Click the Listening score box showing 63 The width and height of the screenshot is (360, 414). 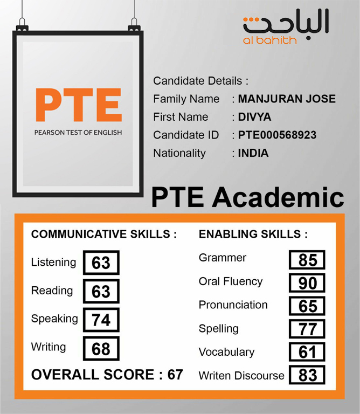[x=101, y=263]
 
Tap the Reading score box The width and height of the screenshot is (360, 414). [x=101, y=291]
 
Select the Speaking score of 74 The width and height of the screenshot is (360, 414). [x=101, y=320]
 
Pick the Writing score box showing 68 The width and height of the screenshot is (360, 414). [x=101, y=348]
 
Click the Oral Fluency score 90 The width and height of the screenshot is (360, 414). [x=307, y=283]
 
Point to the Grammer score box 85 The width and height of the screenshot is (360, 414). [x=307, y=260]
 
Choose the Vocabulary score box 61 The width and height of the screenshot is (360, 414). [x=307, y=352]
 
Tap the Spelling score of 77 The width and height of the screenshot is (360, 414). [x=307, y=329]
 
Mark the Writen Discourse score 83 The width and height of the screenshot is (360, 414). [x=307, y=375]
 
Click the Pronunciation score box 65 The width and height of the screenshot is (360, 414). [x=307, y=306]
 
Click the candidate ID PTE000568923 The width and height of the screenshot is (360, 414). [x=277, y=135]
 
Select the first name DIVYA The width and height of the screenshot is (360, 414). [x=255, y=117]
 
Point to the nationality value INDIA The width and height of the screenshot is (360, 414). [x=253, y=153]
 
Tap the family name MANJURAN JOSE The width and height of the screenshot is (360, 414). [x=287, y=99]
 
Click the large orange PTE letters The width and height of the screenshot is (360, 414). [x=78, y=105]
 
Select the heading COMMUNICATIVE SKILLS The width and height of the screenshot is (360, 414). [x=104, y=234]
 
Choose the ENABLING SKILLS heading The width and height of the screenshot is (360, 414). [x=253, y=234]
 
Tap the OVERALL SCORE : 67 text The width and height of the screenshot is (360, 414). [x=107, y=375]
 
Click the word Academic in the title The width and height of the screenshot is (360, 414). [x=278, y=197]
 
